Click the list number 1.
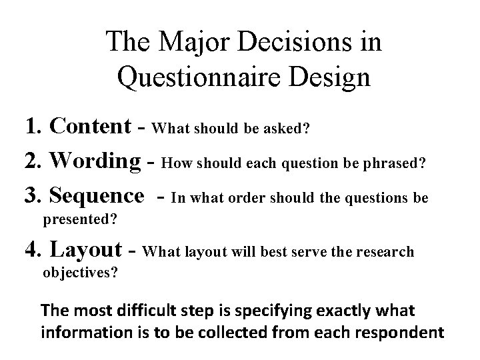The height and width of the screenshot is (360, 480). (x=32, y=125)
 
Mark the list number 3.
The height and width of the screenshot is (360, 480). (x=32, y=196)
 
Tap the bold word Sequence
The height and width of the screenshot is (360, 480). (x=97, y=196)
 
